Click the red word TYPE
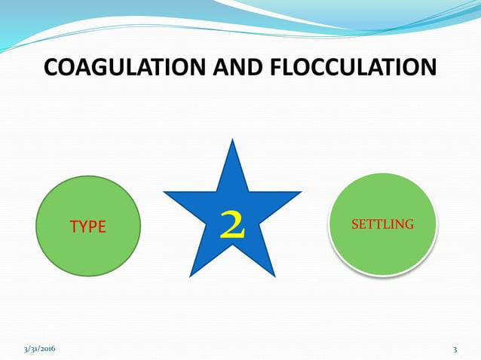point(88,226)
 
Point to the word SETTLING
point(383,224)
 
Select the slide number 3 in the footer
point(455,349)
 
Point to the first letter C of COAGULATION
point(52,68)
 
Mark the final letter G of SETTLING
point(410,224)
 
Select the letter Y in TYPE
point(84,226)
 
